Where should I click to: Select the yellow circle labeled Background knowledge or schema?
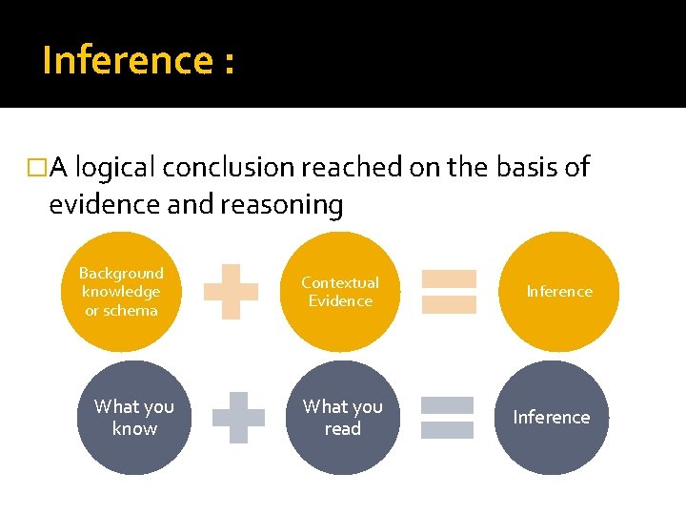coord(120,292)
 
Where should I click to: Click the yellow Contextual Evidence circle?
coord(340,292)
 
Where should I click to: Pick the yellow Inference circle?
coord(559,292)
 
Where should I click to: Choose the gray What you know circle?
coord(134,418)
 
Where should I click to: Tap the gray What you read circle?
coord(342,418)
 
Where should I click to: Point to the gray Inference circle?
coord(552,418)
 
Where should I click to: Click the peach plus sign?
coord(232,292)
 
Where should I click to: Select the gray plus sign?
coord(237,418)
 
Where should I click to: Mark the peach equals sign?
coord(449,292)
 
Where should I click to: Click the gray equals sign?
coord(447,418)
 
